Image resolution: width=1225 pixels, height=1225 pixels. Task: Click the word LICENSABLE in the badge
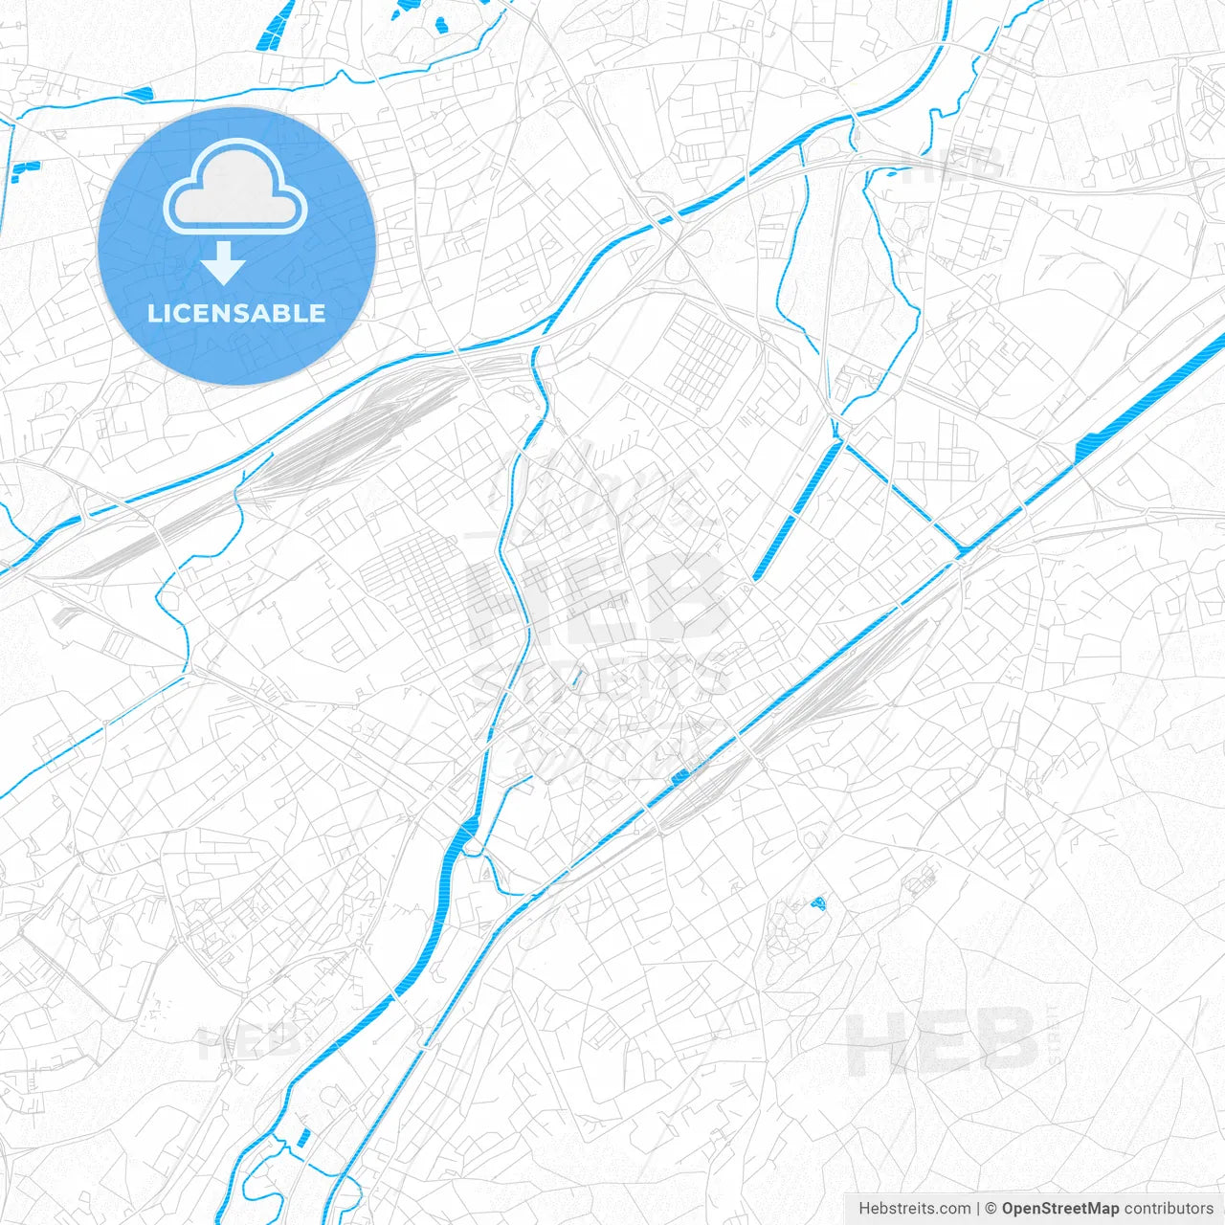click(x=236, y=314)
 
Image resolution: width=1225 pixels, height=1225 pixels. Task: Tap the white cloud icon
click(x=235, y=187)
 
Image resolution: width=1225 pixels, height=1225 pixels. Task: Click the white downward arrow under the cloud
click(x=224, y=263)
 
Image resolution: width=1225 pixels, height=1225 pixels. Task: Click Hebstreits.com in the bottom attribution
click(x=914, y=1209)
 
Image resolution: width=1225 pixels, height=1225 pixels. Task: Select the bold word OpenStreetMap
click(x=1059, y=1209)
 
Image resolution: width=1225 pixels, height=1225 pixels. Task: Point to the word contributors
click(x=1169, y=1209)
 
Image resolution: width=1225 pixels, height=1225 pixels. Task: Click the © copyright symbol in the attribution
click(x=991, y=1209)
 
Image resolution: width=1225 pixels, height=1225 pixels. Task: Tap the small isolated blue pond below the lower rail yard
click(x=817, y=902)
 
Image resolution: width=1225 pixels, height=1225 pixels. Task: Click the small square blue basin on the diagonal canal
click(x=679, y=776)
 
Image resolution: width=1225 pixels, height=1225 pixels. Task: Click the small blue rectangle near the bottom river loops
click(x=303, y=1138)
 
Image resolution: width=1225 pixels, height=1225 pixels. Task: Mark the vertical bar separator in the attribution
click(x=978, y=1209)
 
